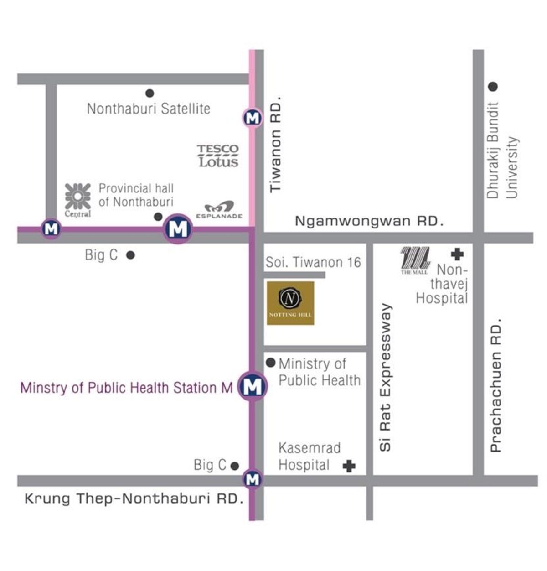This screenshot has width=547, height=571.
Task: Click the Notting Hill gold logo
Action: [290, 303]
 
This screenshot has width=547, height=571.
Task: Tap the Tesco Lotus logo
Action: [218, 156]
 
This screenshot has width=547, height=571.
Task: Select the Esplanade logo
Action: [219, 210]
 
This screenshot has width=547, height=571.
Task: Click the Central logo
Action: [77, 199]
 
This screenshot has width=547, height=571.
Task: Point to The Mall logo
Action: [415, 260]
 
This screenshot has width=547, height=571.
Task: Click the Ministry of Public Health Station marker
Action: [253, 387]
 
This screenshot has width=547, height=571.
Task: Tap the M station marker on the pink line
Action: [252, 118]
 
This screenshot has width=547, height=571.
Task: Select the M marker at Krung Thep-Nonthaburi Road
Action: [252, 479]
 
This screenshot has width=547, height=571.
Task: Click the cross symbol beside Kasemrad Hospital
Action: [349, 466]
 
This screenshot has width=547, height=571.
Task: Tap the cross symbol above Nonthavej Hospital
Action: [457, 254]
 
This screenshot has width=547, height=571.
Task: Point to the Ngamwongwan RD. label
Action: [369, 221]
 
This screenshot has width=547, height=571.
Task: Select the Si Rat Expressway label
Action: [386, 377]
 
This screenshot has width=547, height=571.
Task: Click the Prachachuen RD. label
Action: [495, 385]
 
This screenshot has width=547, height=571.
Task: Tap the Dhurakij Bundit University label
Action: [502, 150]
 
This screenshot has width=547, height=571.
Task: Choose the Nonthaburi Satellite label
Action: [149, 109]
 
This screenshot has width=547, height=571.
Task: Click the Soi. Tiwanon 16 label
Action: [313, 262]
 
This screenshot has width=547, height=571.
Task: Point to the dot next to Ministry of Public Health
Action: [271, 363]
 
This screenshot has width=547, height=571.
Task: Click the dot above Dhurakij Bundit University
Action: [493, 86]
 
